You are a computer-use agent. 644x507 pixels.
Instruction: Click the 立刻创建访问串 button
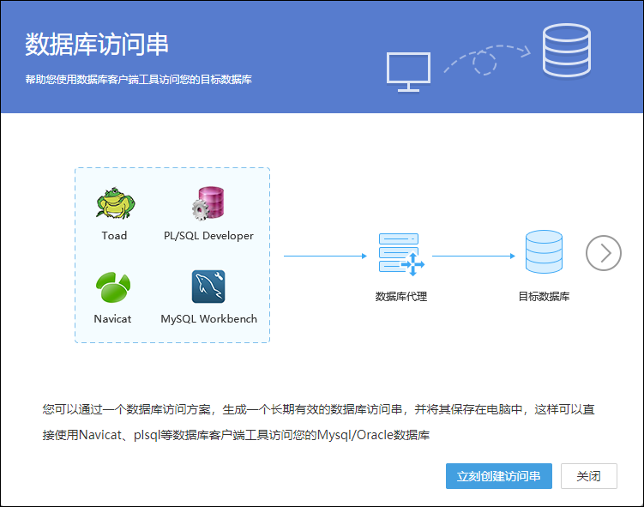click(498, 476)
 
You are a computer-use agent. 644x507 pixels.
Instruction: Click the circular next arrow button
click(604, 253)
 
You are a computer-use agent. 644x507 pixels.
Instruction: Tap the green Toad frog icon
click(116, 203)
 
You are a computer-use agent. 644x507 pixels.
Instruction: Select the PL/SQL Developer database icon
click(208, 203)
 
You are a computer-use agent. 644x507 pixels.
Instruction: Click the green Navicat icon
click(113, 287)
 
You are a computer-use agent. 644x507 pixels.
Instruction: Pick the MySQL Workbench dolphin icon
click(208, 287)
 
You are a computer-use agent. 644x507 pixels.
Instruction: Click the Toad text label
click(114, 235)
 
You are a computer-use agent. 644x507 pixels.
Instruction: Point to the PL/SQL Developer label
click(208, 236)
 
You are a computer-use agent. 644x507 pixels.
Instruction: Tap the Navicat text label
click(112, 319)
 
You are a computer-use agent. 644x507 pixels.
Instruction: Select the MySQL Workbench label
click(208, 319)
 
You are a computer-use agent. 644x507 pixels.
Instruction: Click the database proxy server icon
click(401, 254)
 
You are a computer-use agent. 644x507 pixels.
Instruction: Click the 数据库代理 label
click(401, 296)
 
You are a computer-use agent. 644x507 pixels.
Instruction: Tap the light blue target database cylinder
click(544, 252)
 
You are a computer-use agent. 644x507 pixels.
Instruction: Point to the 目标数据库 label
click(544, 296)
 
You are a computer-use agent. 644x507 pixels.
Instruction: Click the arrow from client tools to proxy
click(325, 256)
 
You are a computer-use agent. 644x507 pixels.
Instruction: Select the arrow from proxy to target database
click(473, 256)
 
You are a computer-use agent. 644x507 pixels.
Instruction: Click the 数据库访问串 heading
click(97, 45)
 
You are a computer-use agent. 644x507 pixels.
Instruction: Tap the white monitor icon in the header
click(408, 72)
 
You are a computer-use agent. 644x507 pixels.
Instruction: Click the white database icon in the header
click(567, 51)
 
